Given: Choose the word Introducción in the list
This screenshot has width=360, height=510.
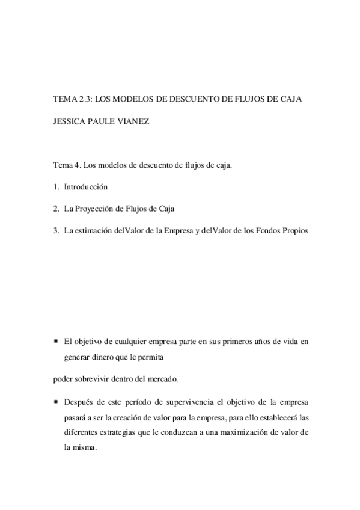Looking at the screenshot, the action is point(85,188).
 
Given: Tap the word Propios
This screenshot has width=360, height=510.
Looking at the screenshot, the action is point(293,230).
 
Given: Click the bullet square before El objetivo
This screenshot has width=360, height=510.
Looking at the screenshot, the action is point(55,342).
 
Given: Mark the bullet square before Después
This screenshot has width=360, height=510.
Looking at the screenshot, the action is point(55,401).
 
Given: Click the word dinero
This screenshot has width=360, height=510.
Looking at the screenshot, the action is point(113,356).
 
